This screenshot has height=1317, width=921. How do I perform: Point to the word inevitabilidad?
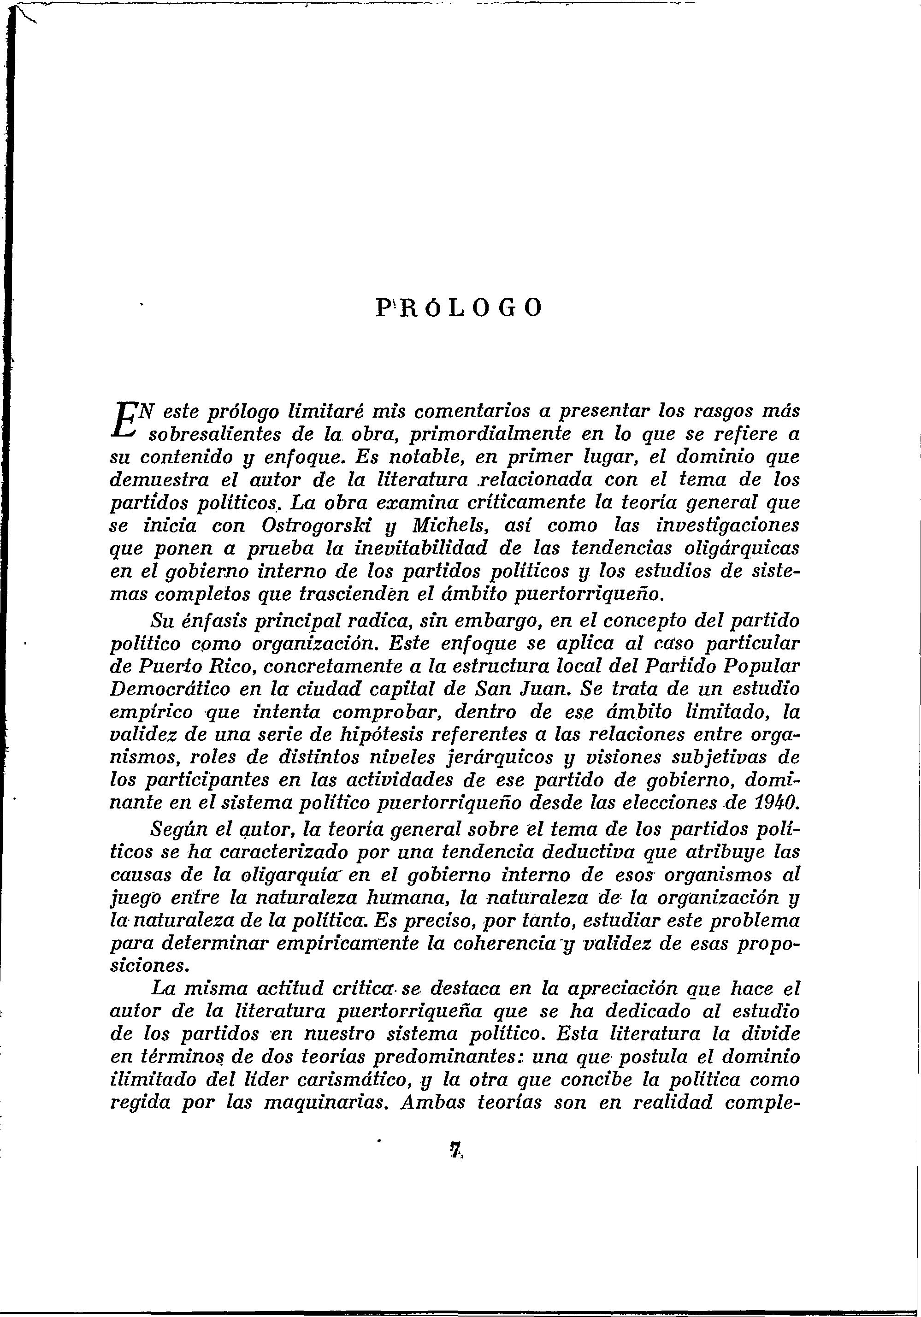tap(421, 549)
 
